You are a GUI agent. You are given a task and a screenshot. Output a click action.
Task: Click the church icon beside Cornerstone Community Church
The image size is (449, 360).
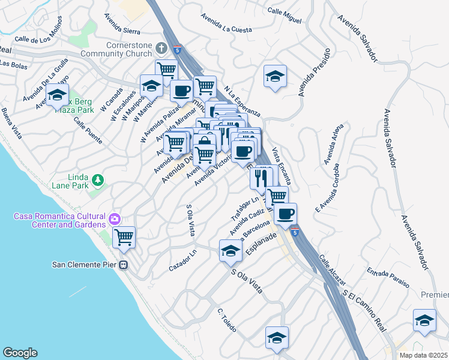(x=161, y=47)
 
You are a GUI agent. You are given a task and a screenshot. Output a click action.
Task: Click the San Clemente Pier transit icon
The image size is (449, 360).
(x=124, y=265)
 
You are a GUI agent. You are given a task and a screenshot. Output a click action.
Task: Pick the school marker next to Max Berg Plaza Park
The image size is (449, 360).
(x=58, y=95)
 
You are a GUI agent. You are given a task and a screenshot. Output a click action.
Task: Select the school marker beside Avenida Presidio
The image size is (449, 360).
(x=275, y=76)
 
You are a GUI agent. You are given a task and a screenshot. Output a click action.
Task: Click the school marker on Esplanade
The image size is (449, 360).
(x=230, y=250)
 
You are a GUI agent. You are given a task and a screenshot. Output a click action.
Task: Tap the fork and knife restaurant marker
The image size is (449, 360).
(x=261, y=177)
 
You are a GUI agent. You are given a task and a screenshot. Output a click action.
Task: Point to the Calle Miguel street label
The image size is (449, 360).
(x=285, y=16)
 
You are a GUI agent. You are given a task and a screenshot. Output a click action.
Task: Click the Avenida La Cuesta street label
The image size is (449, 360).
(x=226, y=23)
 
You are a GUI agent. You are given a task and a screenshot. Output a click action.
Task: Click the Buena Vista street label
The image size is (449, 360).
(x=11, y=123)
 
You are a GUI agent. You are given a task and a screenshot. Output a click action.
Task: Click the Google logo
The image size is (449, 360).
(x=20, y=353)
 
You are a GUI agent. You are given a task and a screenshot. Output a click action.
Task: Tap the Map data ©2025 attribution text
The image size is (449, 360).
(x=423, y=355)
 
